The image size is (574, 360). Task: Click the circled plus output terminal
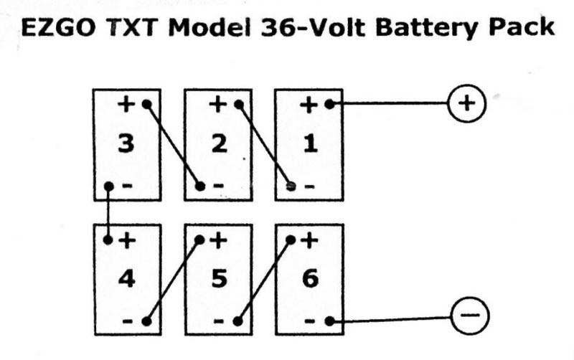coord(467,103)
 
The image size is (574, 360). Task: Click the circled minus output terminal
coord(469,315)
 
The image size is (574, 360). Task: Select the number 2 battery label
coord(219,144)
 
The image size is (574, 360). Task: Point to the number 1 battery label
coord(310,144)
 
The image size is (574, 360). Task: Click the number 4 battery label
coord(126,278)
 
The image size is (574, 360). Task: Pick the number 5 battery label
coord(219,278)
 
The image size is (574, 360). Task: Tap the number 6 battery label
coord(310,278)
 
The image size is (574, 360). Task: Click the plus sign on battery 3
coord(126,104)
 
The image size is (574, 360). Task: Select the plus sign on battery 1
coord(309,104)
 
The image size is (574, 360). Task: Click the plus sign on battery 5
coord(218,240)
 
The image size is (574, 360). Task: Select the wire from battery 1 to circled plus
coord(387,103)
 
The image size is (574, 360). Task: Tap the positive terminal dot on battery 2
coord(238,104)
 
